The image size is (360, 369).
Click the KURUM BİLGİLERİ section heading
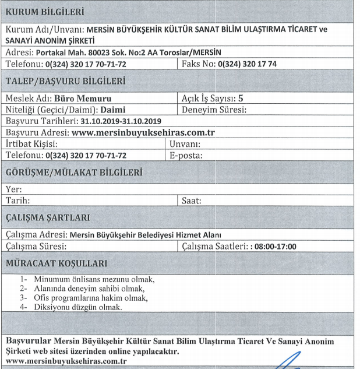tap(44, 11)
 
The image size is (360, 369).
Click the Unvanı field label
tap(185, 143)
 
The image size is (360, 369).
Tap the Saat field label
tap(192, 201)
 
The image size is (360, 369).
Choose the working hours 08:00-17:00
tap(274, 247)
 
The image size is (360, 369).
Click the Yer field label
tap(13, 189)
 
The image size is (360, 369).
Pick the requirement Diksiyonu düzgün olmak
tap(77, 307)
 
